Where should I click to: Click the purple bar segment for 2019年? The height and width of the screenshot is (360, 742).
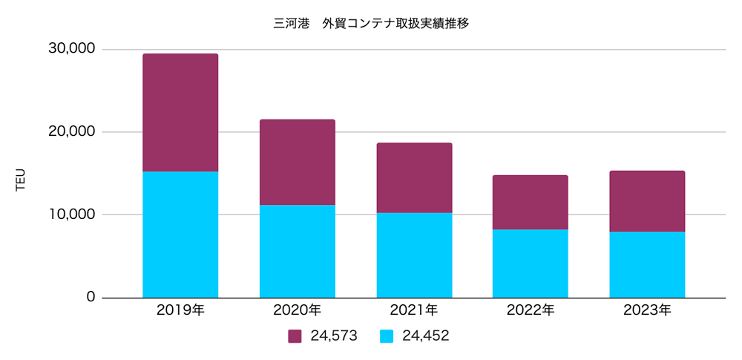[180, 113]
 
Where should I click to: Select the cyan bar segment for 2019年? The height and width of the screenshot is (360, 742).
[180, 235]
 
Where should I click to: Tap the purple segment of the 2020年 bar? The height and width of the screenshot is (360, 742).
[297, 162]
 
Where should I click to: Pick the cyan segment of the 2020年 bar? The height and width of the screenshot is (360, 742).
[297, 251]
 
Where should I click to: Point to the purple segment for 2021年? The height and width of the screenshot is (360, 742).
[414, 178]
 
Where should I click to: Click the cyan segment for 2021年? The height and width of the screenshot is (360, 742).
[414, 255]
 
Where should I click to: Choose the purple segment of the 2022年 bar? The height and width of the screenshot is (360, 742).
[531, 202]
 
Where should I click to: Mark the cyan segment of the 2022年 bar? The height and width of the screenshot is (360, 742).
[531, 264]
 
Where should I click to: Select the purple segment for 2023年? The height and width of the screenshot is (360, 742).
[647, 201]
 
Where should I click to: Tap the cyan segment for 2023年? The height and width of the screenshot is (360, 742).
[647, 265]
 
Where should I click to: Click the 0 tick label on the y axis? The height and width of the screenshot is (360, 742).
[91, 297]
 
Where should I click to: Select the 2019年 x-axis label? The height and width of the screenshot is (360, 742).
[180, 311]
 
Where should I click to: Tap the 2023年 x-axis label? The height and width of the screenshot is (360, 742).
[647, 311]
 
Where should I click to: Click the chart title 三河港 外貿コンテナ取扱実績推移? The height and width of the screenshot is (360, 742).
[371, 23]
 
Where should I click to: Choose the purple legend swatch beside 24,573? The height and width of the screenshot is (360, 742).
[295, 336]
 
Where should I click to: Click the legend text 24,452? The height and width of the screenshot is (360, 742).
[425, 336]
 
